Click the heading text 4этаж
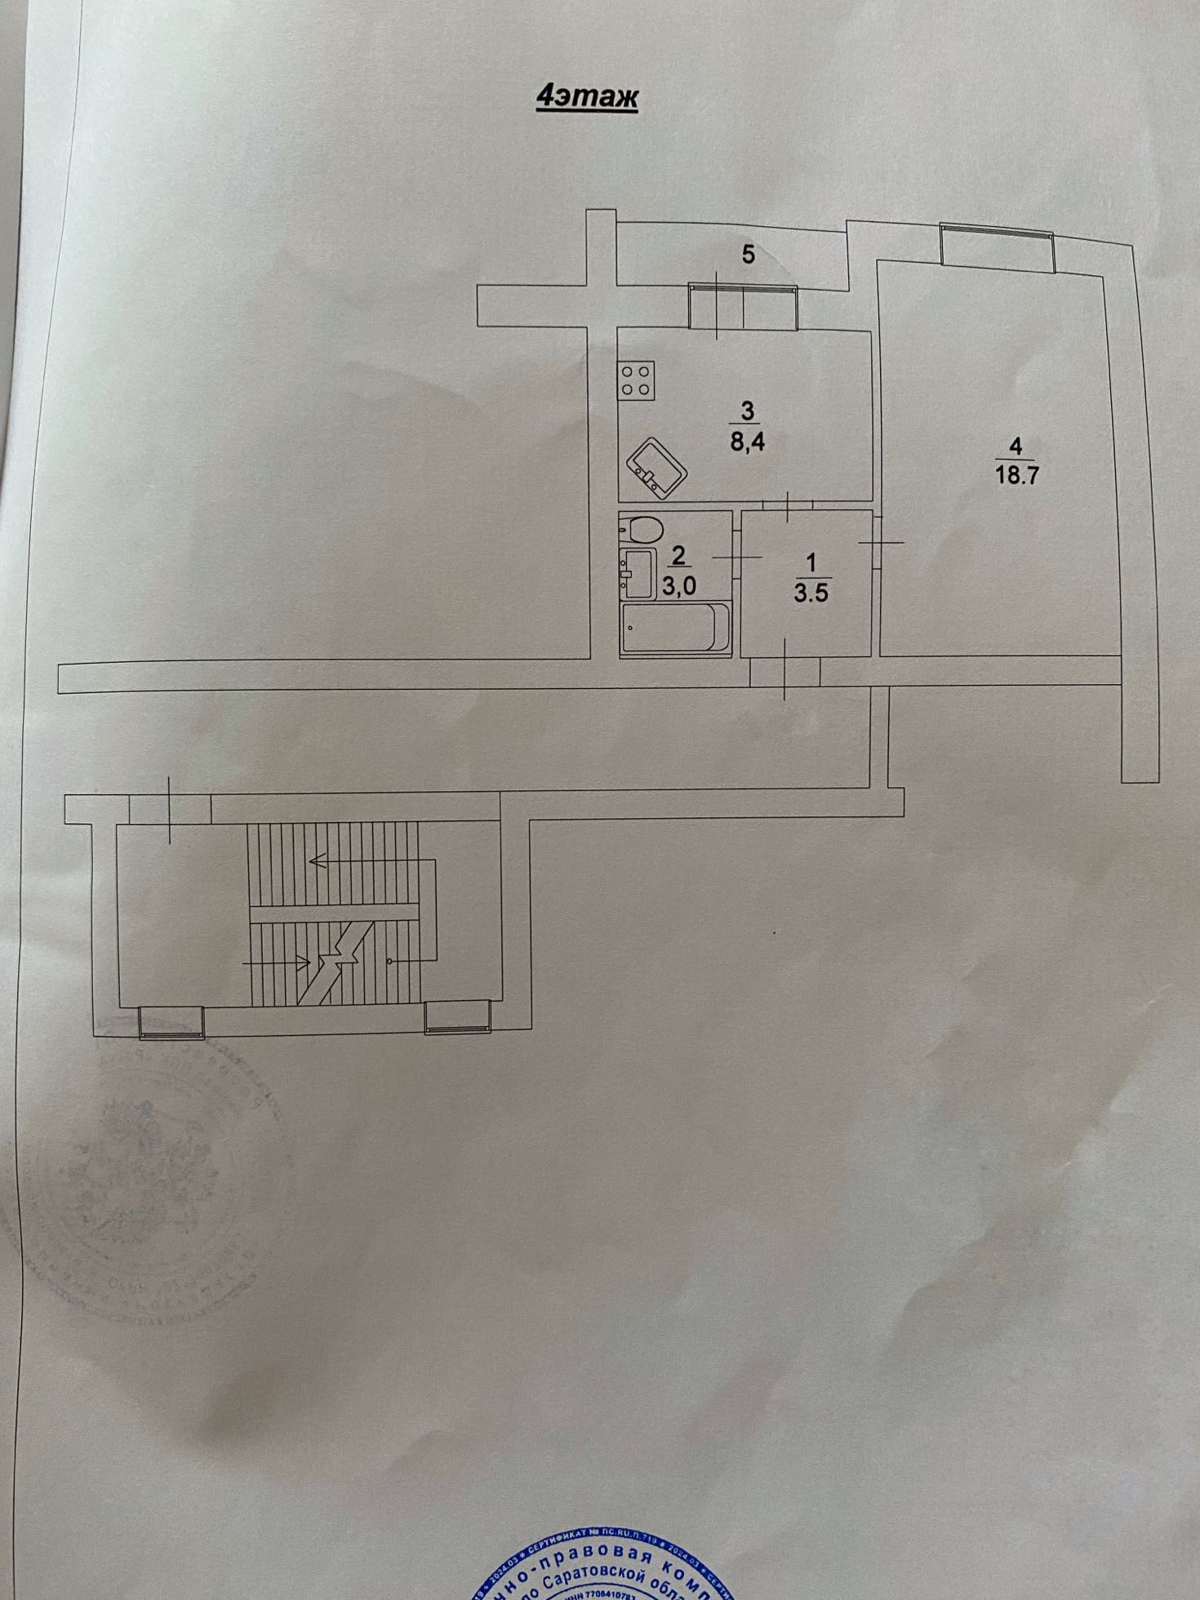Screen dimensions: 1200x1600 point(586,97)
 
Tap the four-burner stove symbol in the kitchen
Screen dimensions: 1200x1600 point(637,381)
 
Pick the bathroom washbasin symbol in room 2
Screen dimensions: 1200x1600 point(637,569)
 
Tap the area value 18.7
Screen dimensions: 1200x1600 point(1016,475)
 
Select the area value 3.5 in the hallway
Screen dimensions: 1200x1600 point(811,592)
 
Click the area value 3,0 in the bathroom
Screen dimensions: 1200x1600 point(679,587)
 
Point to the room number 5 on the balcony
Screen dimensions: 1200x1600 point(748,255)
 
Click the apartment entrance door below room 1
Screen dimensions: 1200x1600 point(784,671)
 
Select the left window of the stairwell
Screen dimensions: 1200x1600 point(171,1021)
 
